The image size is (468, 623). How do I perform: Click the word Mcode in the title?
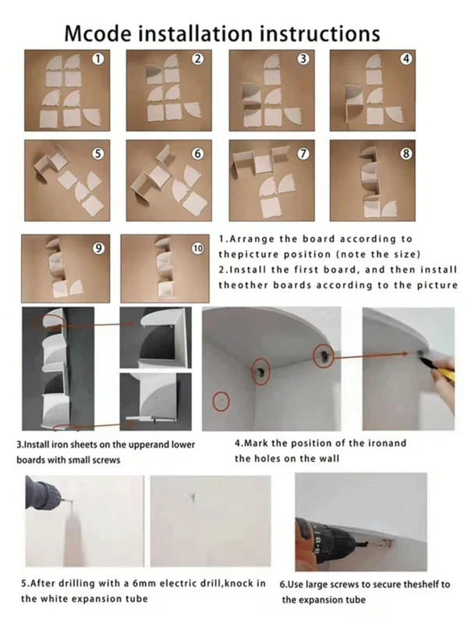(97, 34)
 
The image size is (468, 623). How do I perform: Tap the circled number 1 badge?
(97, 58)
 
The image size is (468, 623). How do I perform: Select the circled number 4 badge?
(406, 58)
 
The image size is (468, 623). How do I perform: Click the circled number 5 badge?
(97, 154)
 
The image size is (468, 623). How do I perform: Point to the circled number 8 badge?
(406, 154)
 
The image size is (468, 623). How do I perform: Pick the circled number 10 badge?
(197, 249)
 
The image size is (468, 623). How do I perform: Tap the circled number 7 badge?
(303, 154)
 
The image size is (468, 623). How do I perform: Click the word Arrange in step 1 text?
(252, 239)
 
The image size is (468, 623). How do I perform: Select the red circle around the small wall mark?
(221, 402)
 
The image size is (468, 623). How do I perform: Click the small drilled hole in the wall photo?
(193, 497)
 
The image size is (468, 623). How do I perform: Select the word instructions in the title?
(320, 34)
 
